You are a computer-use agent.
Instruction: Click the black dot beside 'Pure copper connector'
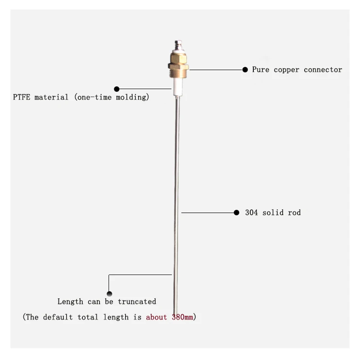(245, 70)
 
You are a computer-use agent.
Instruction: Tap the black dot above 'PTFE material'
(117, 89)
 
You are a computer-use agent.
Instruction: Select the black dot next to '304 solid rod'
(237, 212)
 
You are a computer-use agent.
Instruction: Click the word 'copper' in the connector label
(287, 70)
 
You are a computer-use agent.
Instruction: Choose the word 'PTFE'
(22, 97)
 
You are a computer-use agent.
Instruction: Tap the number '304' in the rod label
(252, 212)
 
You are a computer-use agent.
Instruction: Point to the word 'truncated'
(137, 301)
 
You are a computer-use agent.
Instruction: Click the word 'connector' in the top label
(323, 70)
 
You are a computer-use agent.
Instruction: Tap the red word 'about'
(156, 317)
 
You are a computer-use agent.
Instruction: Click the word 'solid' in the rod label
(273, 212)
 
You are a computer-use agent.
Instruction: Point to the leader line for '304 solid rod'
(207, 212)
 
